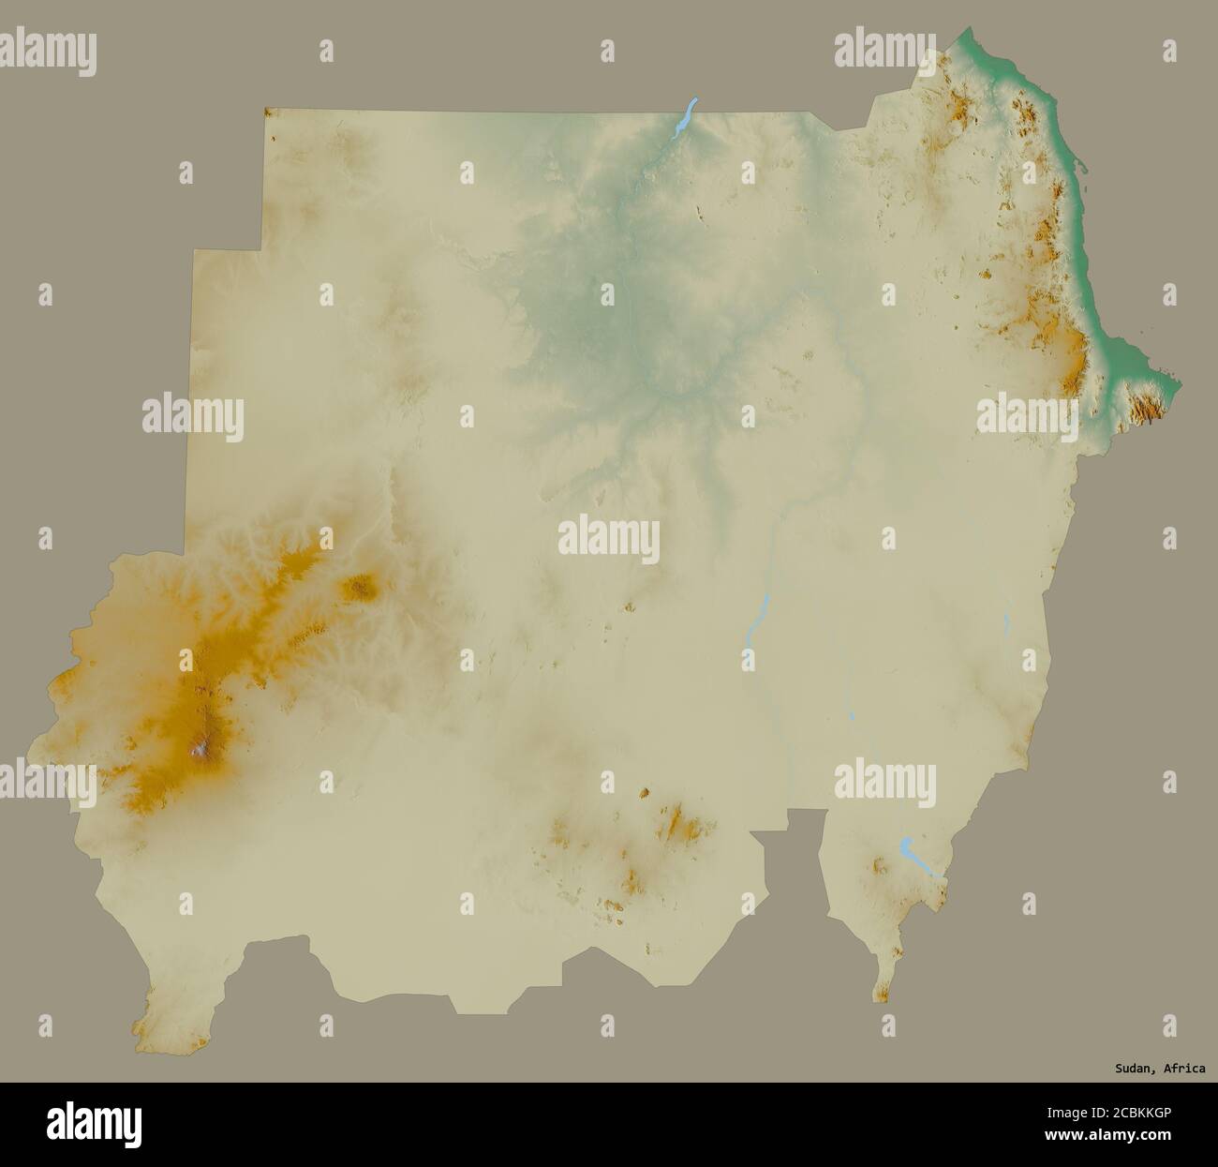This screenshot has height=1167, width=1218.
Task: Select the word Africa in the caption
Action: pos(1185,1068)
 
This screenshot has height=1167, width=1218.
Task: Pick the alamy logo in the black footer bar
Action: pos(97,1124)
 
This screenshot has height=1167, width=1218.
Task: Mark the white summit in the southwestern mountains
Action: pos(199,747)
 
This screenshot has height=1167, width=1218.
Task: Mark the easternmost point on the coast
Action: pos(1179,383)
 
